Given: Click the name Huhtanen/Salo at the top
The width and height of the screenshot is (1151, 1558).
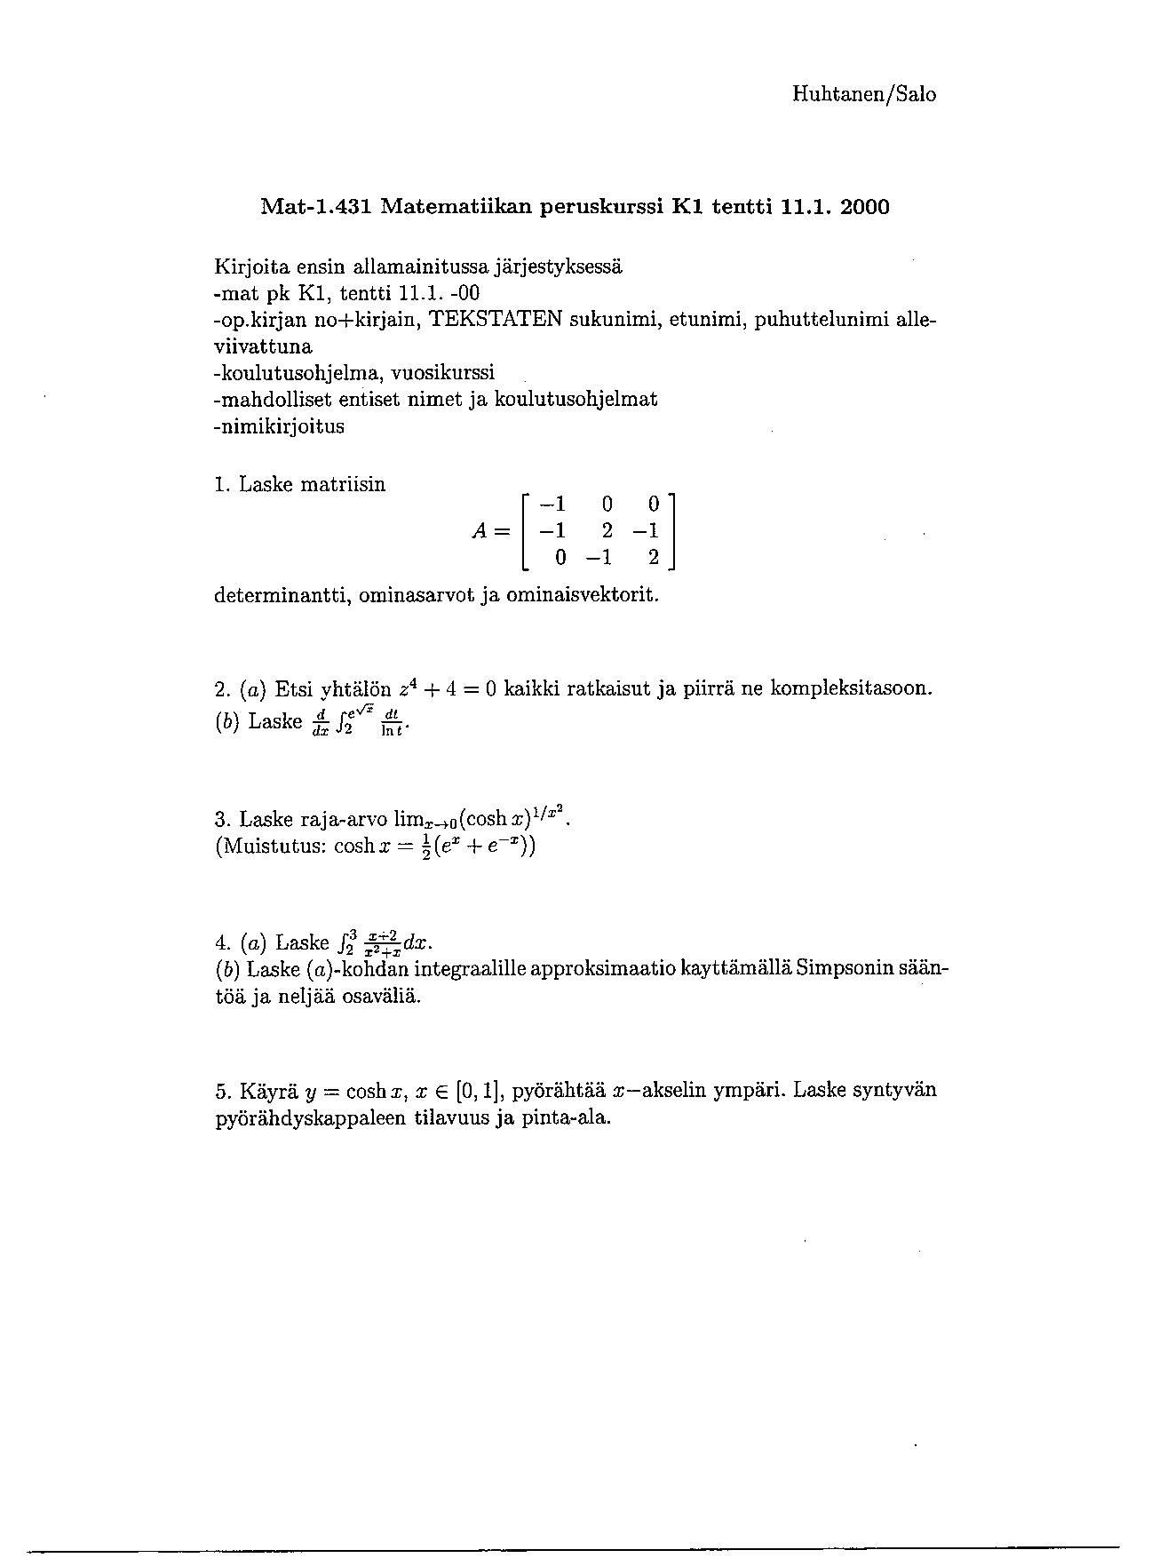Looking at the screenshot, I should [x=863, y=94].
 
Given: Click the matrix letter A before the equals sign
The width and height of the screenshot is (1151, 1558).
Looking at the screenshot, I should [x=480, y=531].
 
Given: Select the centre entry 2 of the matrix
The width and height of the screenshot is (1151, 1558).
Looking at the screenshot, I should [x=607, y=531].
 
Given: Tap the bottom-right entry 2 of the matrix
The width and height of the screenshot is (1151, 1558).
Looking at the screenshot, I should [x=653, y=558].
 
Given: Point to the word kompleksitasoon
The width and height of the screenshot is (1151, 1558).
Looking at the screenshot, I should [x=851, y=688].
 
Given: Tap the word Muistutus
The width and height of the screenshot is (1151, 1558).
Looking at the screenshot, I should [x=268, y=845].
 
